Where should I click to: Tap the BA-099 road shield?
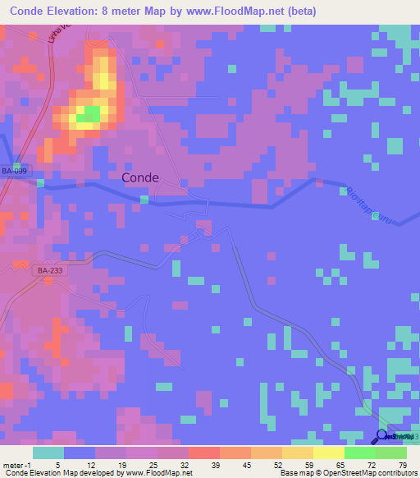tap(16, 171)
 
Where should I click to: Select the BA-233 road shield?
tap(50, 269)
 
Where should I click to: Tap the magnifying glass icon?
tap(382, 436)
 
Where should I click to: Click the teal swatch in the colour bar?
tap(48, 453)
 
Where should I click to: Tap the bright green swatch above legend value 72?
tap(360, 453)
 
